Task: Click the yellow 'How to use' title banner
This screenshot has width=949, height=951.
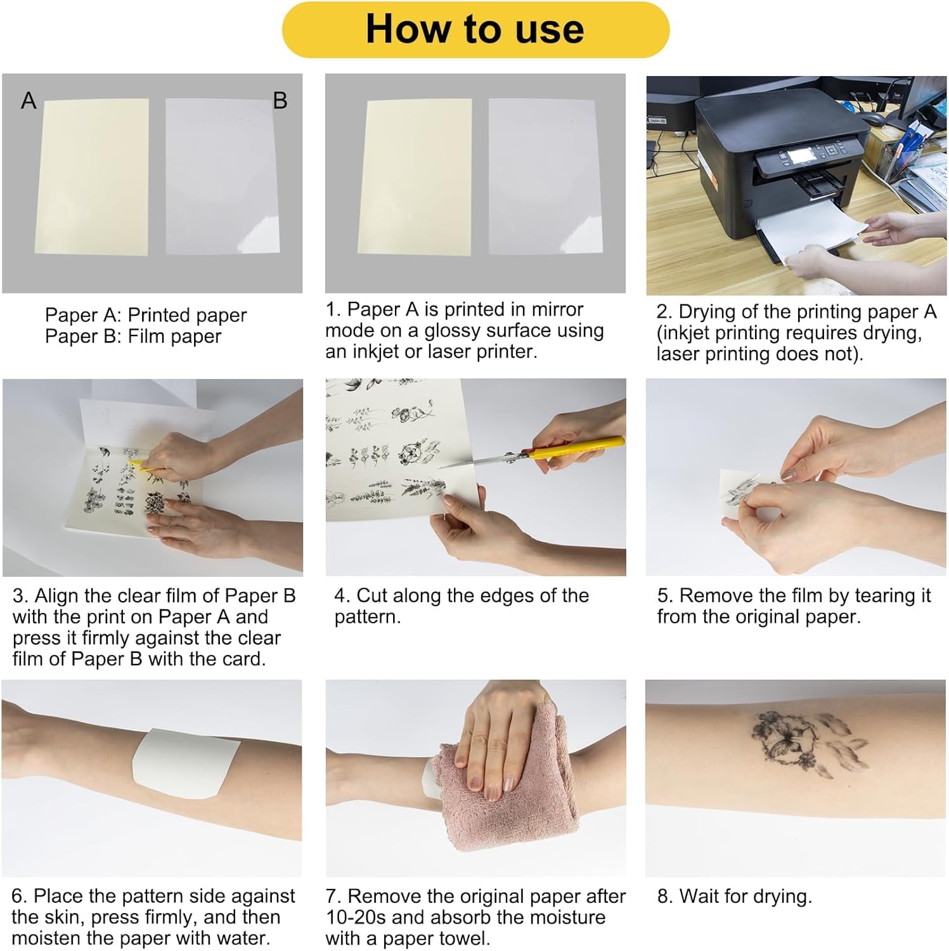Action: click(475, 29)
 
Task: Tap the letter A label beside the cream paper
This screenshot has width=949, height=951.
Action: click(29, 100)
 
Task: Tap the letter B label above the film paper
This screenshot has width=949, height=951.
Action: click(280, 100)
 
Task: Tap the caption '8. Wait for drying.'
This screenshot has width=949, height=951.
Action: click(735, 896)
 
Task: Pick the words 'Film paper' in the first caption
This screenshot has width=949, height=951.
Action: click(174, 336)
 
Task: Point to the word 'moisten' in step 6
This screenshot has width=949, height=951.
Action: click(46, 938)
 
